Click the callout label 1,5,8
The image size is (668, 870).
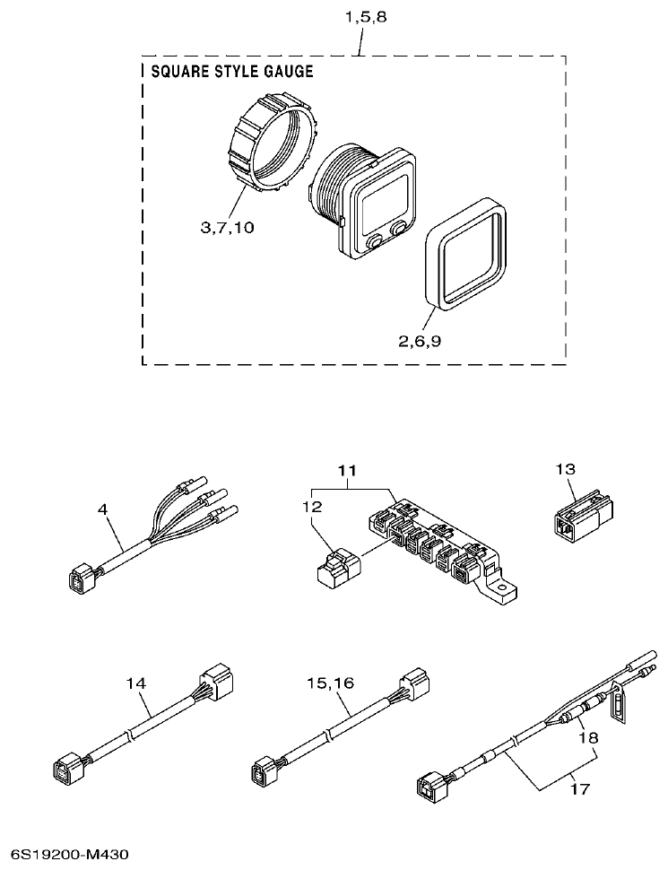tap(361, 17)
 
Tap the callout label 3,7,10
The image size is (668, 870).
tap(227, 228)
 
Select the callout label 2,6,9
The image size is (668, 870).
tap(419, 340)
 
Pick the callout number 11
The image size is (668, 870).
tap(346, 470)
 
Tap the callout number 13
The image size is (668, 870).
tap(565, 468)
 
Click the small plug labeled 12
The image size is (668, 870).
tap(338, 570)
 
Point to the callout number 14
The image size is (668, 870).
tap(134, 683)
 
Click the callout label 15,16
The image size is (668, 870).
tap(331, 683)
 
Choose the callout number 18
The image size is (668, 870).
tap(587, 737)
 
